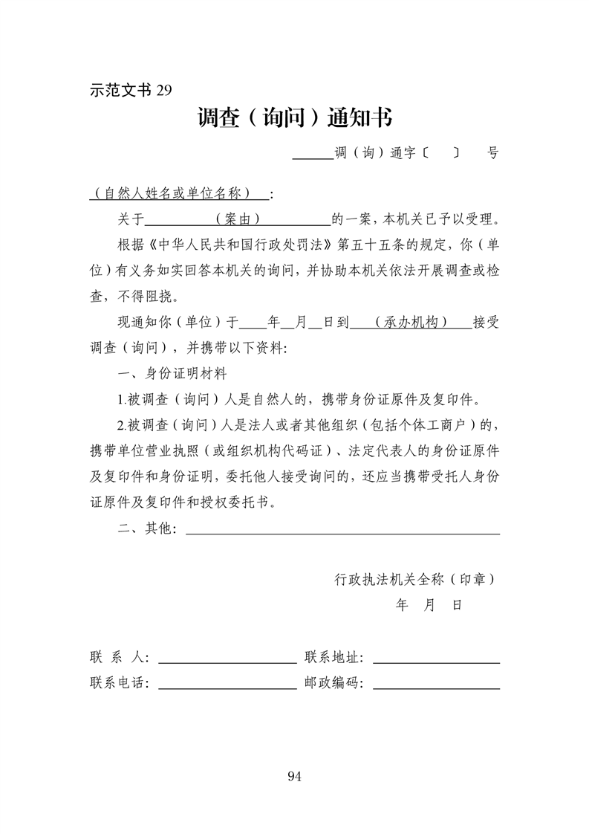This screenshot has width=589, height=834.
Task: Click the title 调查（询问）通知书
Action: click(x=295, y=117)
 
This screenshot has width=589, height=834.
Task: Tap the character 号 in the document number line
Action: click(x=492, y=154)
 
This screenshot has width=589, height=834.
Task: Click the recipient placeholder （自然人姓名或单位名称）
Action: click(x=178, y=194)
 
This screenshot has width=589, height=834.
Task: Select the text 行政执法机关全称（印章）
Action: click(x=415, y=578)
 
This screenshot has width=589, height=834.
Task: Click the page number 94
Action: click(x=293, y=777)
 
